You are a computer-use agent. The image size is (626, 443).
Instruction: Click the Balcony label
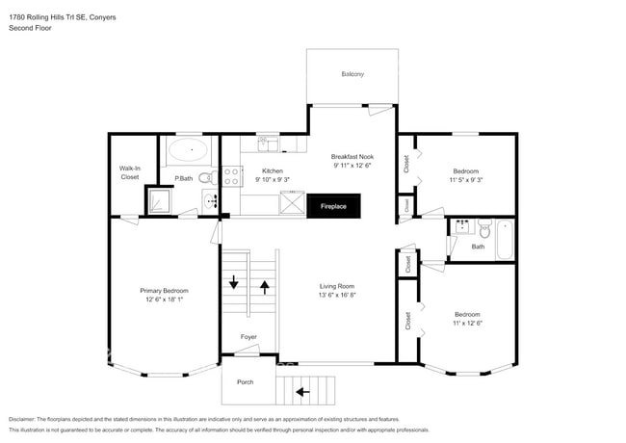(x=352, y=75)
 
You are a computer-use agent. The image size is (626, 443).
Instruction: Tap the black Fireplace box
(x=333, y=205)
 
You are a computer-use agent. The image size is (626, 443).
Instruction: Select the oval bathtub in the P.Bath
(x=189, y=149)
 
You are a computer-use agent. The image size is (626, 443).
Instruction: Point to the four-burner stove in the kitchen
(x=231, y=175)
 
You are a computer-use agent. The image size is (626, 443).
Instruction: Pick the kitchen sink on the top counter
(x=268, y=144)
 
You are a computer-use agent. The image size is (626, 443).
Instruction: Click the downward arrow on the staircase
(x=233, y=282)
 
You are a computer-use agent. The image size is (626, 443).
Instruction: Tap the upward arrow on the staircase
(x=265, y=287)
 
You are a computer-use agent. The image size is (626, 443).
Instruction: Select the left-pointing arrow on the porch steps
(x=303, y=391)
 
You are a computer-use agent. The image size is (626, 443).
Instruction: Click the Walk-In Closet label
(x=129, y=172)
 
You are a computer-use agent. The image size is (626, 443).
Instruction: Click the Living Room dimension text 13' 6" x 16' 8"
(x=338, y=295)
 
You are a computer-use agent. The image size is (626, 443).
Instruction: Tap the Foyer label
(x=248, y=337)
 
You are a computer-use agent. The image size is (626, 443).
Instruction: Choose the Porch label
(x=245, y=382)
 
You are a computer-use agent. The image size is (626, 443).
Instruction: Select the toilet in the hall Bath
(x=484, y=230)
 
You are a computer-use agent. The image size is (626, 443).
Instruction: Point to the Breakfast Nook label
(x=352, y=157)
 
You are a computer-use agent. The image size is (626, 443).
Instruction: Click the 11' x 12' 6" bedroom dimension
(x=467, y=324)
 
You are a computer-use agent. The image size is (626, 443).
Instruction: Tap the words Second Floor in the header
(x=31, y=28)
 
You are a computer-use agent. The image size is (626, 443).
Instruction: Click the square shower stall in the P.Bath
(x=159, y=200)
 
